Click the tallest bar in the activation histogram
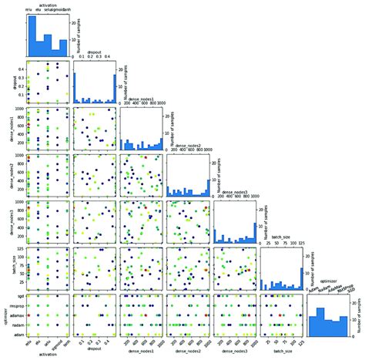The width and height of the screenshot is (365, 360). pyautogui.click(x=32, y=36)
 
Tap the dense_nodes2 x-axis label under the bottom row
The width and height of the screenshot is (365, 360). pyautogui.click(x=187, y=354)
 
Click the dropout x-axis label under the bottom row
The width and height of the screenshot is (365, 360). pyautogui.click(x=95, y=354)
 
